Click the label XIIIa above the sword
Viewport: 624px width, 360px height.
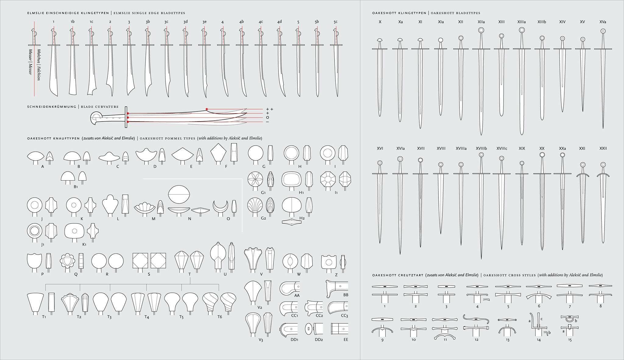[521, 22]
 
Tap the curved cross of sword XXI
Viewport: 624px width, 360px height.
[583, 175]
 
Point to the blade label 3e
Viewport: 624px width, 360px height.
[204, 22]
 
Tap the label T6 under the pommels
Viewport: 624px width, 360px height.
[220, 317]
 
